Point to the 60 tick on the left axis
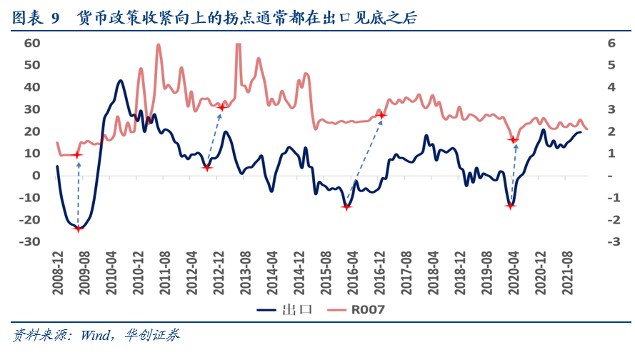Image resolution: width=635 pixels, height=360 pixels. coord(31,43)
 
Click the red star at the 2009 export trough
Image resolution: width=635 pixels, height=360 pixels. coord(79,229)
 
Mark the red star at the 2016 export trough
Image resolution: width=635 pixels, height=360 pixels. coord(347,207)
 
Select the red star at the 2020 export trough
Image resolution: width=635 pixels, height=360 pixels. coord(510,206)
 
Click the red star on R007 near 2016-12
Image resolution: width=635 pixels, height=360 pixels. coord(381,115)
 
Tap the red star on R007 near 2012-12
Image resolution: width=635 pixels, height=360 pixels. coord(222,108)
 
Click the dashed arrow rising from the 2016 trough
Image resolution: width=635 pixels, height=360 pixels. coord(364,161)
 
